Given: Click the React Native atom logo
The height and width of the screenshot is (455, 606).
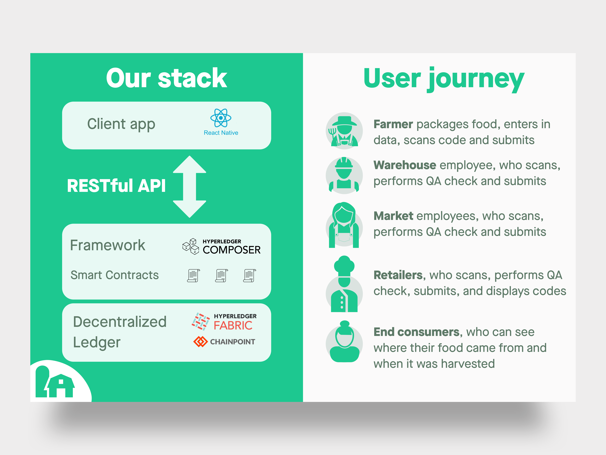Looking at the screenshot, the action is pos(221,118).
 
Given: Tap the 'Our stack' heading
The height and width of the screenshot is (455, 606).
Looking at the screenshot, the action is pos(167,78).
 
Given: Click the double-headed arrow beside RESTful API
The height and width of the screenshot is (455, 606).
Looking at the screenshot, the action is pos(190,187).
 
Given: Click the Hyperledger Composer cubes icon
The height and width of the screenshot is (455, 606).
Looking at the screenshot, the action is pos(191,246).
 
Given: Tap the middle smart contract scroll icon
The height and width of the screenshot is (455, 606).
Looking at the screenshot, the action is pos(221,275).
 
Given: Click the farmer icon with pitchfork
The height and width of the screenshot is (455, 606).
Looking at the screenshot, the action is pos(344,131).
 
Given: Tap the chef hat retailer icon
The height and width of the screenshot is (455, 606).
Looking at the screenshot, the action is pos(344,284).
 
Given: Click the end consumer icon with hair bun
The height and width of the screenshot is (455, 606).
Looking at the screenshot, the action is pos(344,341).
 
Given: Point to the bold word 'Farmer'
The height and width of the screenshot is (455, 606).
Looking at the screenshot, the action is pos(393,124).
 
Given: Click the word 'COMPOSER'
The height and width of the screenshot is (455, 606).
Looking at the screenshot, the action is pos(232,250).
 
